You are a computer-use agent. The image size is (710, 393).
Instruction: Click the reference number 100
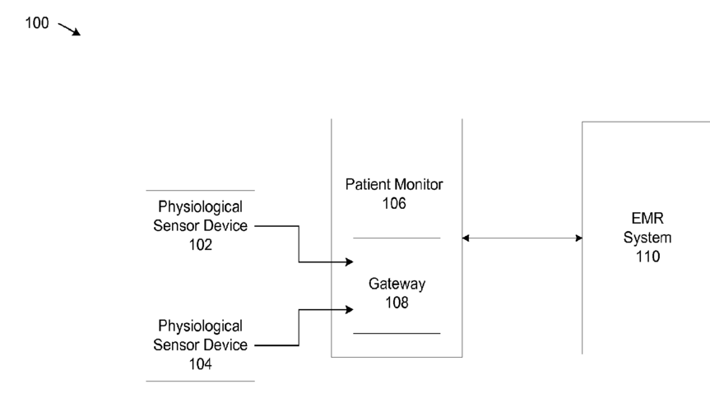pos(37,23)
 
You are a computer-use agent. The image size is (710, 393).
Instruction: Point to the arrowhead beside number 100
pos(77,32)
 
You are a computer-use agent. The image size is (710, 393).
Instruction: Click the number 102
pos(200,244)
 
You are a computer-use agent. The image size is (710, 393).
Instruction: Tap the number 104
pos(200,363)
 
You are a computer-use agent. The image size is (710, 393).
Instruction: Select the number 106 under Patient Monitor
pos(394,203)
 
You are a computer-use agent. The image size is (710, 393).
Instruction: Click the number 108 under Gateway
pos(397,303)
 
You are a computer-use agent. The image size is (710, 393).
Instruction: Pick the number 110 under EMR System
pos(647,257)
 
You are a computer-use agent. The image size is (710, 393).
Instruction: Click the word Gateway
pos(397,284)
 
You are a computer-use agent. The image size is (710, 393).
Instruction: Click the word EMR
pos(647,218)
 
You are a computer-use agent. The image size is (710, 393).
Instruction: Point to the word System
pos(647,238)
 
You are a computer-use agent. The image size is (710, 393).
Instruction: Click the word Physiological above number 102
pos(200,207)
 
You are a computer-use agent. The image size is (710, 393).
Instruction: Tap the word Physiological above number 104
pos(200,326)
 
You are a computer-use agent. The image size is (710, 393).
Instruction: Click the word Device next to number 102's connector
pos(225,225)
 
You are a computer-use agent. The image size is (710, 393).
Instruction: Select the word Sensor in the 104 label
pos(176,345)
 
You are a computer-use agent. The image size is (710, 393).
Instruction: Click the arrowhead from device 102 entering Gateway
pos(349,261)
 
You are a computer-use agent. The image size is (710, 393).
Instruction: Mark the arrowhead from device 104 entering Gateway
pos(349,310)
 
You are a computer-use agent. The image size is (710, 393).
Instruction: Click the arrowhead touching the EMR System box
pos(578,238)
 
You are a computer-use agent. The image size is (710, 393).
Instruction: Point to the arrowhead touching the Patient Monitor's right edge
pos(466,238)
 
